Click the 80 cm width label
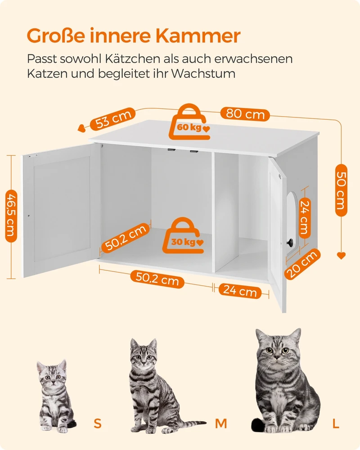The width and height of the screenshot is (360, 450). [245, 114]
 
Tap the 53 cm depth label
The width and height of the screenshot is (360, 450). [113, 119]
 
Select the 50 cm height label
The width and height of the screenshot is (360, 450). [341, 190]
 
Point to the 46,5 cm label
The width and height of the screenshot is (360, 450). [11, 216]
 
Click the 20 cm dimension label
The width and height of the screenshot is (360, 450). [302, 264]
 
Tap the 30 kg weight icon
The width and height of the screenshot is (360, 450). [184, 236]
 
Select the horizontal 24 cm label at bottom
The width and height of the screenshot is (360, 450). [240, 291]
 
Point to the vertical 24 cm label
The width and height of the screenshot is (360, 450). [304, 218]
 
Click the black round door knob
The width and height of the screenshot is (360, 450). [290, 242]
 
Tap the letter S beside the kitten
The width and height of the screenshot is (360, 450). [98, 423]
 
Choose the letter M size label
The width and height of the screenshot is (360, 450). [221, 423]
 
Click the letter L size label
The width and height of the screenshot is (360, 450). [336, 423]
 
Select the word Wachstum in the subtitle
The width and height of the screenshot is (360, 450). [203, 73]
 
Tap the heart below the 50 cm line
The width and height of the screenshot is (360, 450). [341, 256]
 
